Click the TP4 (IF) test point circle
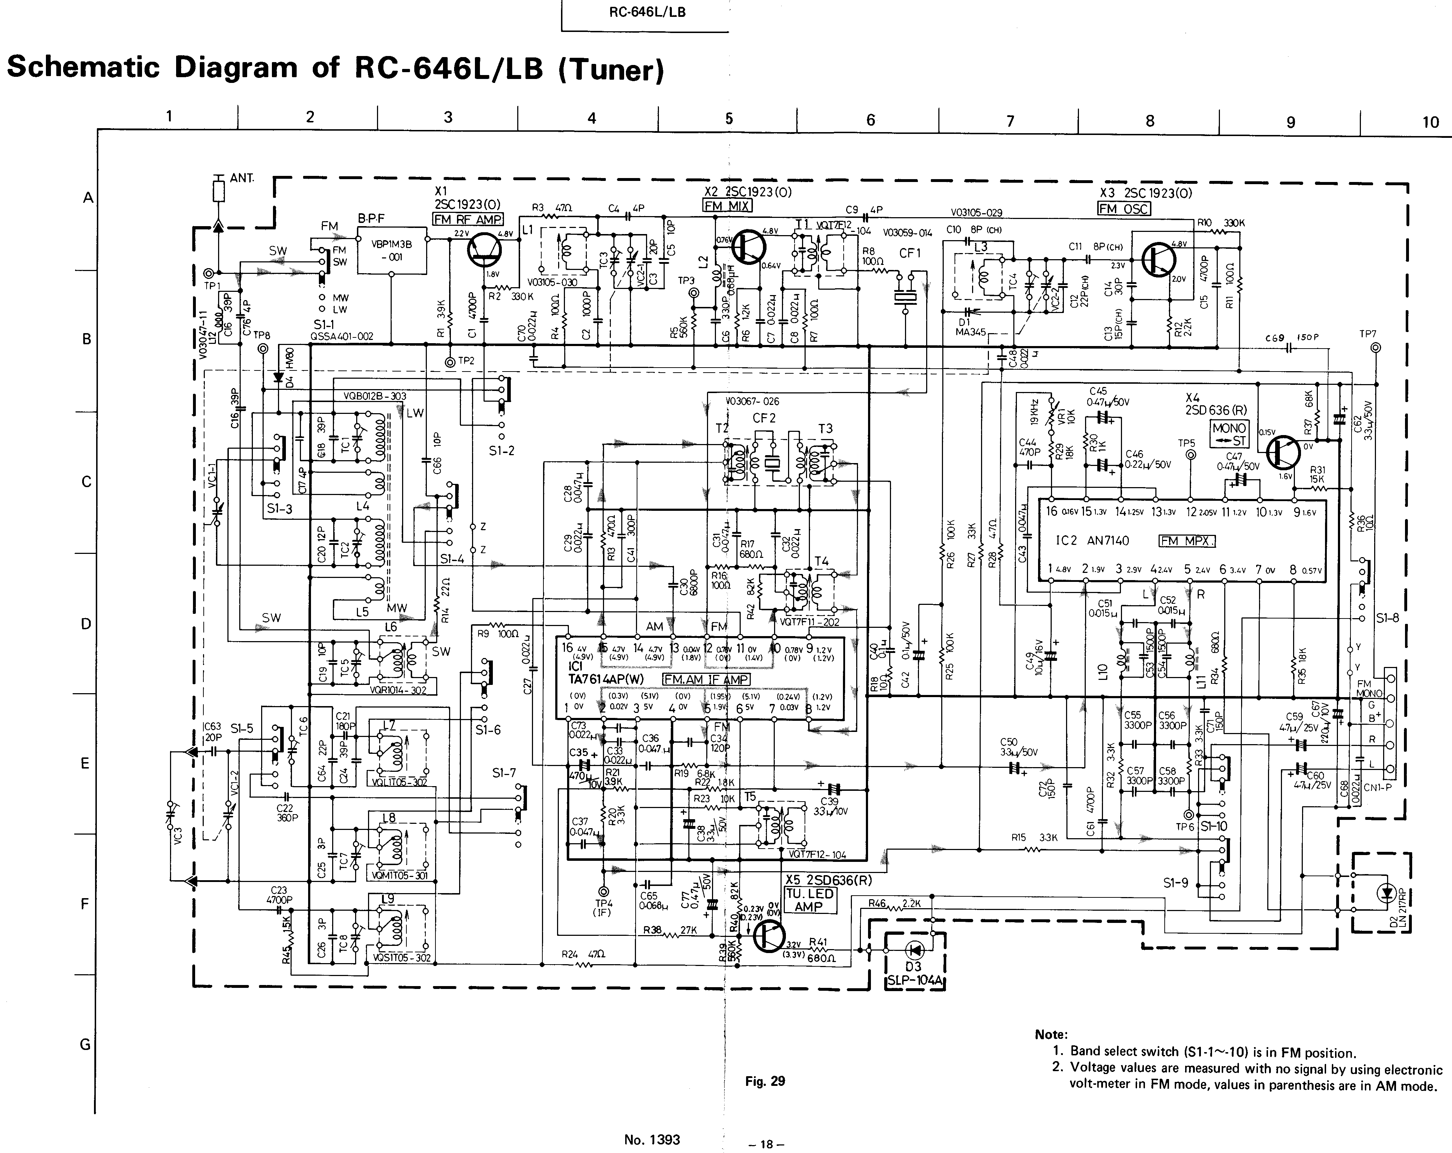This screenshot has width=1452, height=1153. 602,891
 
